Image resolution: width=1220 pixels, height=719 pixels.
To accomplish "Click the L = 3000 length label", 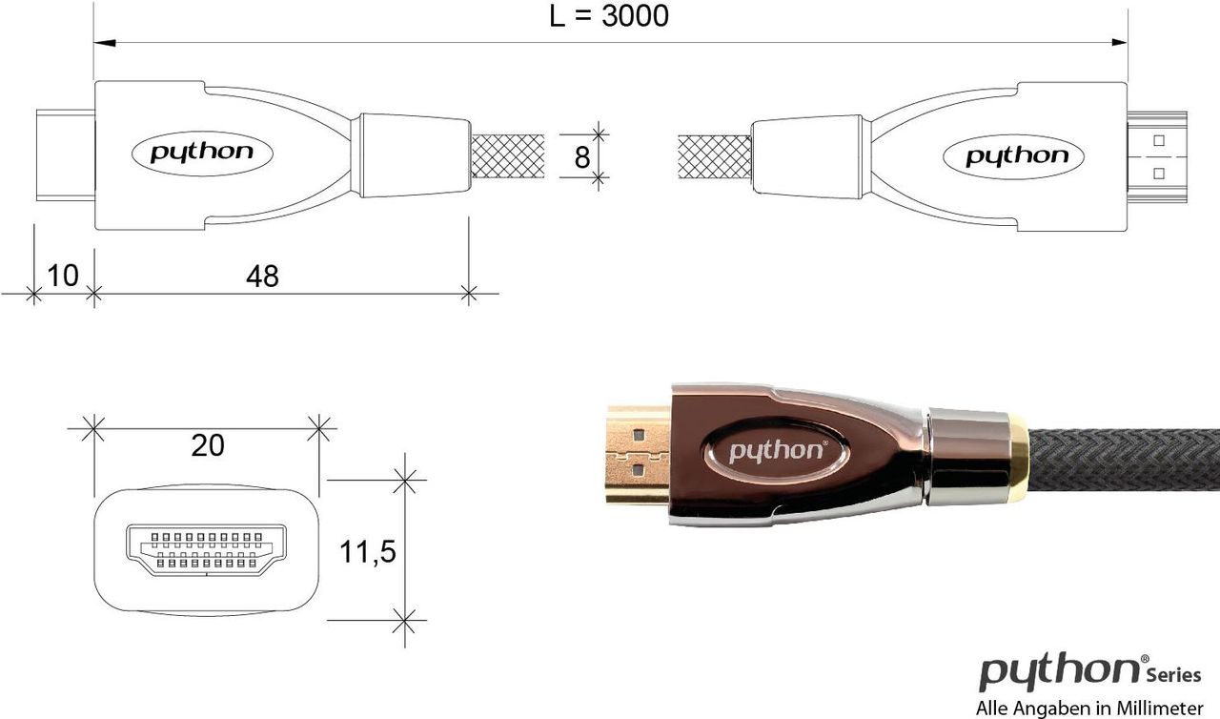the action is point(609,16).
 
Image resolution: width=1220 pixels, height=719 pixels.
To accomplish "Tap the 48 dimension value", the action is point(262,277).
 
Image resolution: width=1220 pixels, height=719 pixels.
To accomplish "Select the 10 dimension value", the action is point(63,276).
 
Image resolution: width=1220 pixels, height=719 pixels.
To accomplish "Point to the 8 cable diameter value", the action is point(581,157).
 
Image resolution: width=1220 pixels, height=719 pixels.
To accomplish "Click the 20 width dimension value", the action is point(208,445).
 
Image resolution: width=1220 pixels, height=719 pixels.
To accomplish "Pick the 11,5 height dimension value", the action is point(367,552).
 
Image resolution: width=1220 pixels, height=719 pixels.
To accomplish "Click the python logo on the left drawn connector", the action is point(203,154).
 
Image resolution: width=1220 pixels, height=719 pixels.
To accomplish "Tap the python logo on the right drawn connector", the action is point(1013,157).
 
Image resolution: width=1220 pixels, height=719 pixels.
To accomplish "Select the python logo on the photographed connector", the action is point(777,452).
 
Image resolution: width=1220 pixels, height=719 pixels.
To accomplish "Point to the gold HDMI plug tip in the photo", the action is point(639,455).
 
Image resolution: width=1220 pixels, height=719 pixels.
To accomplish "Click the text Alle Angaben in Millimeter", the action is point(1088,709).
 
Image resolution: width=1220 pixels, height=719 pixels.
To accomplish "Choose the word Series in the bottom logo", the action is point(1173,676).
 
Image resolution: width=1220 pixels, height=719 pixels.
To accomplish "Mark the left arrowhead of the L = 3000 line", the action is point(105,43).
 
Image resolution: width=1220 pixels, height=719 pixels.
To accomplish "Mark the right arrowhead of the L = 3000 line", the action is point(1116,43).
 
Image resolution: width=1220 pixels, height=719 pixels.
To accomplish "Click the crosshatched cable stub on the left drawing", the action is point(507,156).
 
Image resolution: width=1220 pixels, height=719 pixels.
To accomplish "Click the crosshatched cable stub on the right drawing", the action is point(715,157).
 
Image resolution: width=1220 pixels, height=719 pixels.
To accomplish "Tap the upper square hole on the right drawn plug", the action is point(1159,140).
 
